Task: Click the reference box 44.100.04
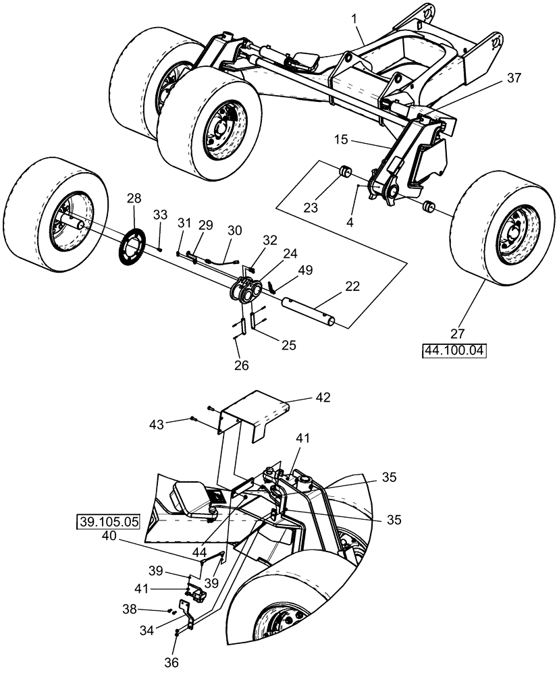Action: pos(454,351)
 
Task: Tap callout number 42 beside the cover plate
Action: pos(322,398)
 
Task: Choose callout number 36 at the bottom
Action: pos(172,662)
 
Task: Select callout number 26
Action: pos(240,365)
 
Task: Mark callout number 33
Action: pos(159,215)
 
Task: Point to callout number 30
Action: pos(234,230)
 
